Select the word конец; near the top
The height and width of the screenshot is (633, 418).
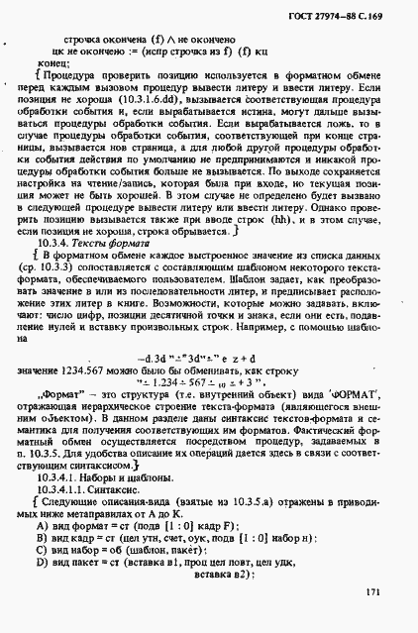pyautogui.click(x=53, y=61)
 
